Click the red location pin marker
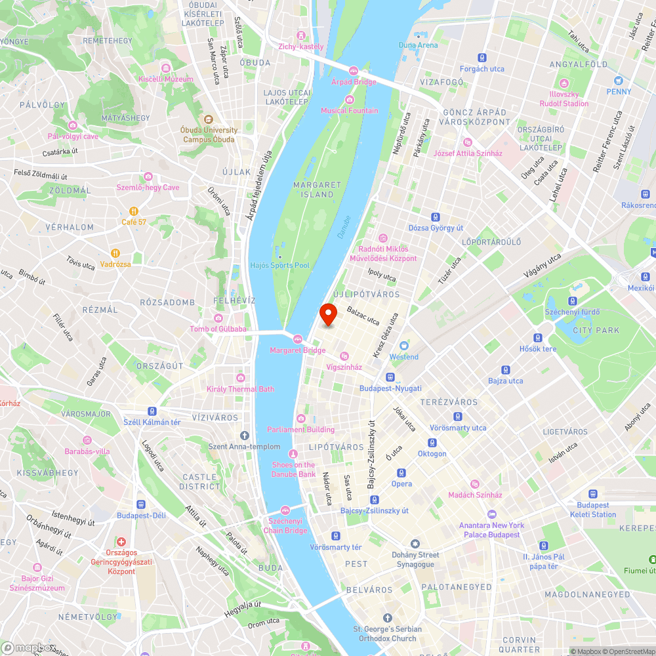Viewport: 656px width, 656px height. pos(328,315)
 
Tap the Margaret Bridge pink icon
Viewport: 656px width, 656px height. pos(298,338)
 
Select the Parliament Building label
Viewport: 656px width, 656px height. pos(300,430)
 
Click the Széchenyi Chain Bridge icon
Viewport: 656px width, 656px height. pos(285,510)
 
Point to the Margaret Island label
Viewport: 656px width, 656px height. pos(314,190)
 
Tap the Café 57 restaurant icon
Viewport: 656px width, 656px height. pos(133,211)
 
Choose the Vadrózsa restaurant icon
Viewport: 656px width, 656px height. pos(115,253)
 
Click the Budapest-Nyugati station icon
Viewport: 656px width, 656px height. pos(390,377)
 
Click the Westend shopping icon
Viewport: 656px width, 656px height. pos(404,346)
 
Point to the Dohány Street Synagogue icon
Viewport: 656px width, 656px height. pos(415,544)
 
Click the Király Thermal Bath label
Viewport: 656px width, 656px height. pos(240,389)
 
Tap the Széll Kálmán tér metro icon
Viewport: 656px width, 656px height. pos(152,411)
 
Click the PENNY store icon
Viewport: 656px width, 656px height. pos(619,81)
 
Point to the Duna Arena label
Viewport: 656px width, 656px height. pos(418,45)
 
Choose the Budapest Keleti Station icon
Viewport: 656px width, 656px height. pos(593,494)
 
